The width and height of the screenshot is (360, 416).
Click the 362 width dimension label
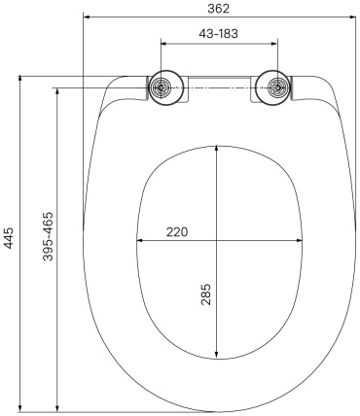pyautogui.click(x=218, y=9)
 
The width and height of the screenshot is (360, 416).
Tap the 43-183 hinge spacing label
pyautogui.click(x=218, y=33)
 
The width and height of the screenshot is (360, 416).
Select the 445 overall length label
pyautogui.click(x=9, y=238)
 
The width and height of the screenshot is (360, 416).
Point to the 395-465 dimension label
pyautogui.click(x=48, y=236)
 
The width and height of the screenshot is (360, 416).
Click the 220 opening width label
pyautogui.click(x=177, y=232)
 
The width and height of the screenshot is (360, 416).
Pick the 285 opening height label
pyautogui.click(x=206, y=295)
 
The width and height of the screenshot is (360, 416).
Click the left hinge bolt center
pyautogui.click(x=161, y=87)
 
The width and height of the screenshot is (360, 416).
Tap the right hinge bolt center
pyautogui.click(x=277, y=87)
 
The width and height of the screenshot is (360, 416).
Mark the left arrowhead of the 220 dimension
pyautogui.click(x=139, y=240)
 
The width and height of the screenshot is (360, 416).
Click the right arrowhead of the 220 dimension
pyautogui.click(x=299, y=240)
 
